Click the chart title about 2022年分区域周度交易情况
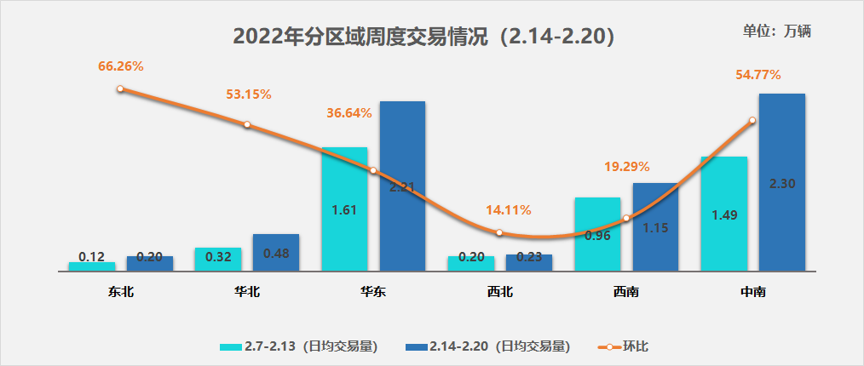(423, 37)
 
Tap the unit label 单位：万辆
(776, 31)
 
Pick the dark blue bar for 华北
(276, 253)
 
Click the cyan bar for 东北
(92, 266)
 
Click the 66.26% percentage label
(120, 65)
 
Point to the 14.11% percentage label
(508, 210)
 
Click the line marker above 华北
(247, 124)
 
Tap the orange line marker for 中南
(752, 121)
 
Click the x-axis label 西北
(500, 293)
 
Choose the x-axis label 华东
(373, 293)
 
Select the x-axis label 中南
(753, 293)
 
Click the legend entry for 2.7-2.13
(298, 346)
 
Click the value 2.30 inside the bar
(782, 184)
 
